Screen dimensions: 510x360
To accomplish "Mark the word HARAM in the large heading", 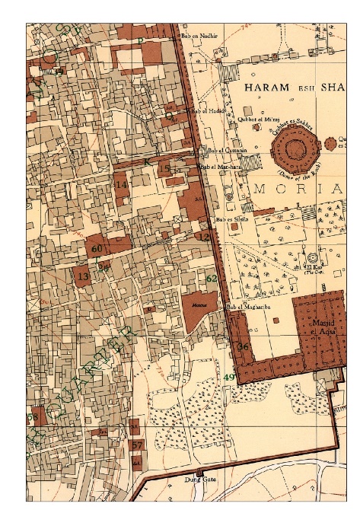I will coord(266,88).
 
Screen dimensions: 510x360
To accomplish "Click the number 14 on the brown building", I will coord(120,185).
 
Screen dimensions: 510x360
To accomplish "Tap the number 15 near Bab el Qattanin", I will coord(164,169).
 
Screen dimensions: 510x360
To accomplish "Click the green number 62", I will coord(212,279).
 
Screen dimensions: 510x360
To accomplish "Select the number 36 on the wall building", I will coord(244,347).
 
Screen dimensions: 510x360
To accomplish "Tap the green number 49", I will coord(229,378).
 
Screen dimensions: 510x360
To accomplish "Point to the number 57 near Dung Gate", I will coord(137,445).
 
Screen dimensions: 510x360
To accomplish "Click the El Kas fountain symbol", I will coord(312,257).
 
